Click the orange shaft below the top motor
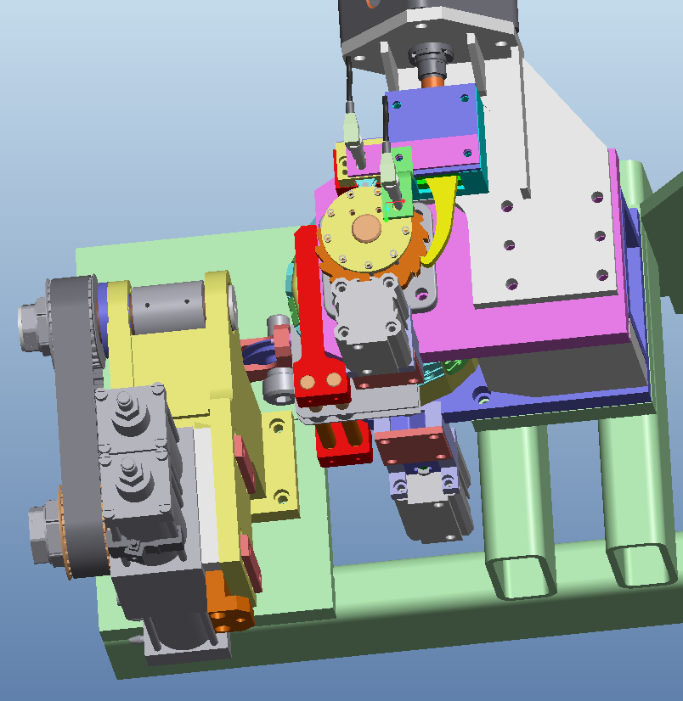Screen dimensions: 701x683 click(x=432, y=81)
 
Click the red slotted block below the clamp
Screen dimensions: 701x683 click(x=343, y=440)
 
